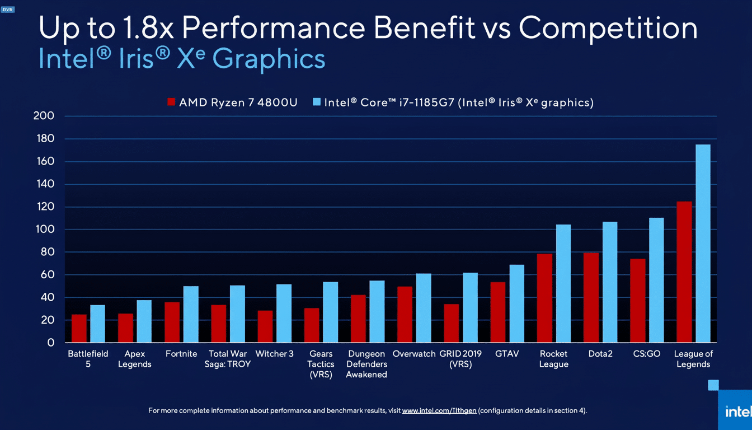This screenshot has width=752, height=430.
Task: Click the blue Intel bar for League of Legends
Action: tap(703, 244)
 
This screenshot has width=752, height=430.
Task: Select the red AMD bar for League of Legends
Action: tap(684, 272)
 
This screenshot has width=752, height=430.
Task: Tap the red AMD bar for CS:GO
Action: tap(637, 301)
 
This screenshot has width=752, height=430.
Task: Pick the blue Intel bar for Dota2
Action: tap(610, 282)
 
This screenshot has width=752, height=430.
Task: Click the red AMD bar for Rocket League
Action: tap(544, 298)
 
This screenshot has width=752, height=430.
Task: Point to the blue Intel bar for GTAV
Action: tap(516, 303)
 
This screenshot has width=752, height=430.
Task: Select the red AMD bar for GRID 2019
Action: tap(452, 323)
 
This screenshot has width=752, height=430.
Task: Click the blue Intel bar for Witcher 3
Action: tap(284, 314)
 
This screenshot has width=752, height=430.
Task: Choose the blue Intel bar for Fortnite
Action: tap(191, 314)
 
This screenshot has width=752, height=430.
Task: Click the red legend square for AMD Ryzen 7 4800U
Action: tap(171, 102)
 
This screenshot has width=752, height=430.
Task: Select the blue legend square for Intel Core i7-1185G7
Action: tap(317, 102)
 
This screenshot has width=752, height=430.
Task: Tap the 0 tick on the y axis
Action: tap(50, 343)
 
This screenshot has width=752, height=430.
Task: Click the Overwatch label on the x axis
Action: tap(414, 354)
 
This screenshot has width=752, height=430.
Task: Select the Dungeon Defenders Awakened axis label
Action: tap(366, 364)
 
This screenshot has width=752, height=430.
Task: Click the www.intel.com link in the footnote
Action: tap(439, 411)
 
